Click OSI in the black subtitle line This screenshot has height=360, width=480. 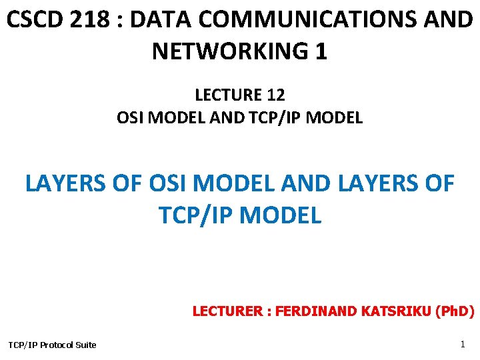tap(131, 118)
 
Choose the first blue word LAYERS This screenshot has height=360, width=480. tap(65, 183)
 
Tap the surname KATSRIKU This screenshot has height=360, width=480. tap(393, 311)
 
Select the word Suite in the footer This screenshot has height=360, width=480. tap(85, 345)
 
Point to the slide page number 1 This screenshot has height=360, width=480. tap(463, 344)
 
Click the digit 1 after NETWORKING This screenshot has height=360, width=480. tap(321, 51)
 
